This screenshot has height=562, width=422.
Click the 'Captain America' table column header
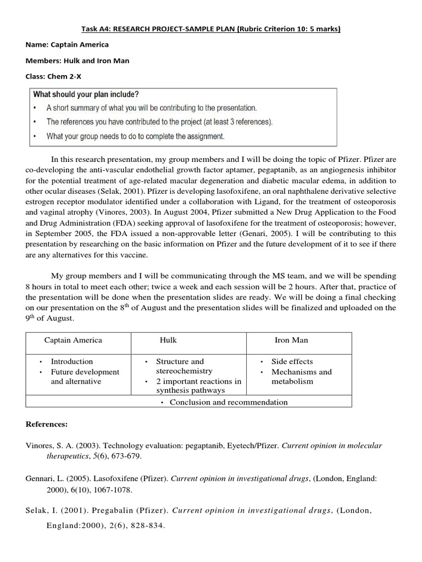73,340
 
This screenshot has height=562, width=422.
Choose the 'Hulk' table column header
168,340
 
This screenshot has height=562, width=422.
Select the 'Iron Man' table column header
291,340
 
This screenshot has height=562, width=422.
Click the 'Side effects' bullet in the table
292,362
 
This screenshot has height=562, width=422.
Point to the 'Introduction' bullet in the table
72,362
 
